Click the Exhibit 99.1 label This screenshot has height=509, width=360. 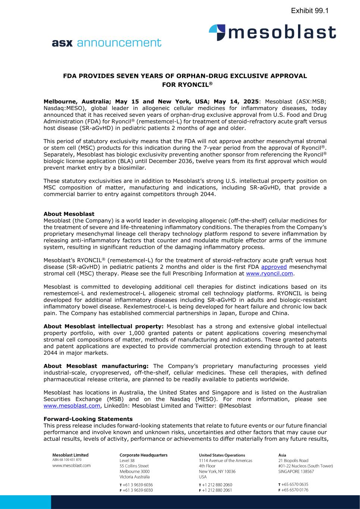click(309, 11)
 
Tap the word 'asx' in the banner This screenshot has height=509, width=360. click(62, 43)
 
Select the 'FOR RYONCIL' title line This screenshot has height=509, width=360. click(187, 85)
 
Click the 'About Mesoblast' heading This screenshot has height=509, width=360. click(69, 214)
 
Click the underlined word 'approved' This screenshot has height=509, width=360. click(274, 267)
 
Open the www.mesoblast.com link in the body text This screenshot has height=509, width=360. click(72, 406)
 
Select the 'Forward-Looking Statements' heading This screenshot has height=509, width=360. click(88, 419)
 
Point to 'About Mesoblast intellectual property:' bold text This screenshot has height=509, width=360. click(104, 326)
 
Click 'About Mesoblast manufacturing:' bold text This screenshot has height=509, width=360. click(96, 366)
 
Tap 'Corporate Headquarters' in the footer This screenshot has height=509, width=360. click(143, 455)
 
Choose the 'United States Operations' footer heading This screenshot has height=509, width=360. click(222, 455)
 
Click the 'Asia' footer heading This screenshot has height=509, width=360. click(282, 455)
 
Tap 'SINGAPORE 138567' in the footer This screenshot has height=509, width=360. click(296, 471)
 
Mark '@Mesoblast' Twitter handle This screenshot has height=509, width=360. click(236, 406)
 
